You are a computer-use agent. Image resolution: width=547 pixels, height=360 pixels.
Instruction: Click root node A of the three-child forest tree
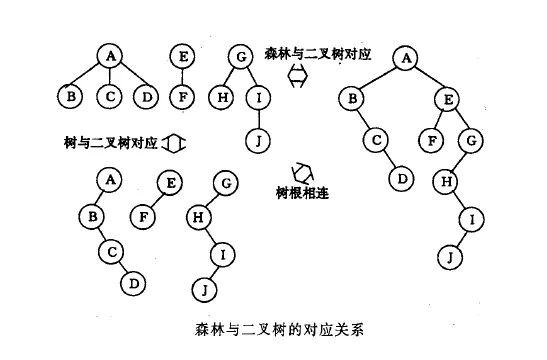click(x=110, y=56)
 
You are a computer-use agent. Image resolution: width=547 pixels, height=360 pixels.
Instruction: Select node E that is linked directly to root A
click(x=448, y=100)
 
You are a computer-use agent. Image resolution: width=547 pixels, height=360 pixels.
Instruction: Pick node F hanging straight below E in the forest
click(x=182, y=97)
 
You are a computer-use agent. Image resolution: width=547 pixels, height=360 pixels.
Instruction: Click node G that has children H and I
click(x=241, y=57)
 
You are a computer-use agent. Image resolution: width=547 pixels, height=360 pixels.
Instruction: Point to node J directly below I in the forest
click(x=258, y=141)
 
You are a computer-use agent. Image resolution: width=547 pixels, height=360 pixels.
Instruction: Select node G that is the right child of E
click(x=471, y=141)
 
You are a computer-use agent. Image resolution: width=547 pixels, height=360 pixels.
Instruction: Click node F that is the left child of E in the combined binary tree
click(x=432, y=141)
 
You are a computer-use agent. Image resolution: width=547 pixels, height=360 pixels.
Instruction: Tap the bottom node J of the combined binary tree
click(x=450, y=257)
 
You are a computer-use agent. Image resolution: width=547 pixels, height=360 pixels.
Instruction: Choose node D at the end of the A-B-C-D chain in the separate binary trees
click(x=133, y=283)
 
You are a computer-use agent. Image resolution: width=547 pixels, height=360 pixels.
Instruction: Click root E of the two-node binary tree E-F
click(x=170, y=183)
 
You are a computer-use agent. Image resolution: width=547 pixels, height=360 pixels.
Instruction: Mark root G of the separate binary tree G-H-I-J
click(x=226, y=183)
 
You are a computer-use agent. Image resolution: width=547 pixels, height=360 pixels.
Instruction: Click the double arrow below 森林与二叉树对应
click(x=298, y=75)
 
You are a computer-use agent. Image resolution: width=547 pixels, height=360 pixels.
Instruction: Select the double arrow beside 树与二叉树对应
click(x=174, y=143)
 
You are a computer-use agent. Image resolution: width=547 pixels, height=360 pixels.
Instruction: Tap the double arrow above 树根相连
click(x=302, y=173)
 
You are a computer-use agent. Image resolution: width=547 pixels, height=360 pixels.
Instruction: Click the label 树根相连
click(x=302, y=193)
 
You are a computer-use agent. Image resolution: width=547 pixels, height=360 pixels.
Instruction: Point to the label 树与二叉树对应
click(x=111, y=143)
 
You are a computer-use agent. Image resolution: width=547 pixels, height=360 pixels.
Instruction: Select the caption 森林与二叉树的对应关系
click(x=279, y=329)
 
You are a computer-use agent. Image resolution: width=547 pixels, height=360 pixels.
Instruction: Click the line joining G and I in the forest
click(x=252, y=77)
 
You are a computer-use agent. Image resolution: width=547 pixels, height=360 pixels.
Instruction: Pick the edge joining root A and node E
click(x=427, y=79)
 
